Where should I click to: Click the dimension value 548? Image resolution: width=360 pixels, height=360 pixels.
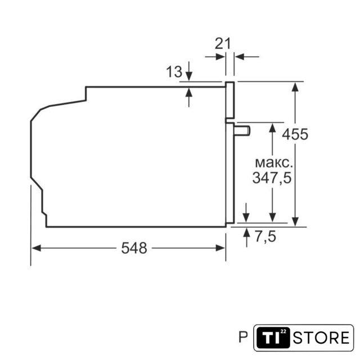pos(134,248)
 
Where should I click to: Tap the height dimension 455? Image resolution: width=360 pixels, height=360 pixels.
pos(295,134)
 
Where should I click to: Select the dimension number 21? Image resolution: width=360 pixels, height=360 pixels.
pos(223,44)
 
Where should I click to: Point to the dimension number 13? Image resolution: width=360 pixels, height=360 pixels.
pos(174,71)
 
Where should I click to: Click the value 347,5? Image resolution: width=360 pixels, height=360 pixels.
pos(272,178)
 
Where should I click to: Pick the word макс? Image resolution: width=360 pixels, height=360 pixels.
pos(274,163)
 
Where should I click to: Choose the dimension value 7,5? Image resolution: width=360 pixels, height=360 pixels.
pos(265,236)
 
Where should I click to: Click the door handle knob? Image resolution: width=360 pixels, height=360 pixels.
pos(242,130)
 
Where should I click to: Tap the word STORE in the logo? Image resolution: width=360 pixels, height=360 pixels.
pos(321,337)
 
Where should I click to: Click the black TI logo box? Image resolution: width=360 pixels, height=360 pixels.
pos(273,337)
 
